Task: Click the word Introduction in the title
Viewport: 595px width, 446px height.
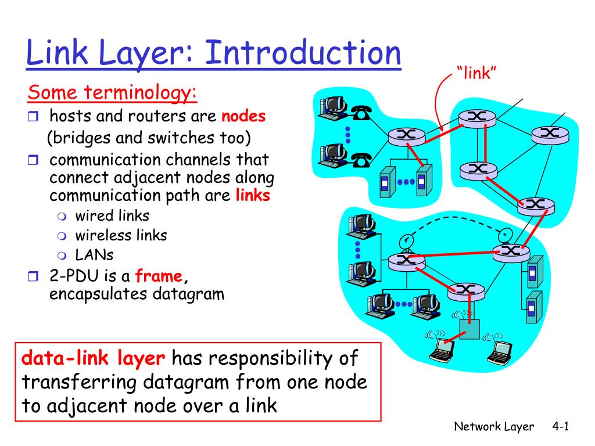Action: click(303, 53)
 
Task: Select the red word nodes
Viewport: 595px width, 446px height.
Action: click(243, 117)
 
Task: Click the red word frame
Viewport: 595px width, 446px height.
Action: click(159, 276)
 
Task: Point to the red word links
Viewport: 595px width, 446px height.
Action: click(253, 195)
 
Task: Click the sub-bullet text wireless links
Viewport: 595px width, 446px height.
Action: click(121, 235)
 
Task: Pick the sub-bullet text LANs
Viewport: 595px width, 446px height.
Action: click(94, 254)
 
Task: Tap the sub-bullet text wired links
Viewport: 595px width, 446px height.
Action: click(112, 215)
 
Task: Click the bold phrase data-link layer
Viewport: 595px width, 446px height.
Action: click(94, 358)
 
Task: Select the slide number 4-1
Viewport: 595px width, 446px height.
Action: click(560, 427)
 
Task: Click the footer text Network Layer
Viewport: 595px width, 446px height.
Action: click(494, 427)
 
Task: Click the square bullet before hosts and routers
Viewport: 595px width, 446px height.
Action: click(33, 117)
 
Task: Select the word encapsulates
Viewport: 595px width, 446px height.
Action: click(99, 294)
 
